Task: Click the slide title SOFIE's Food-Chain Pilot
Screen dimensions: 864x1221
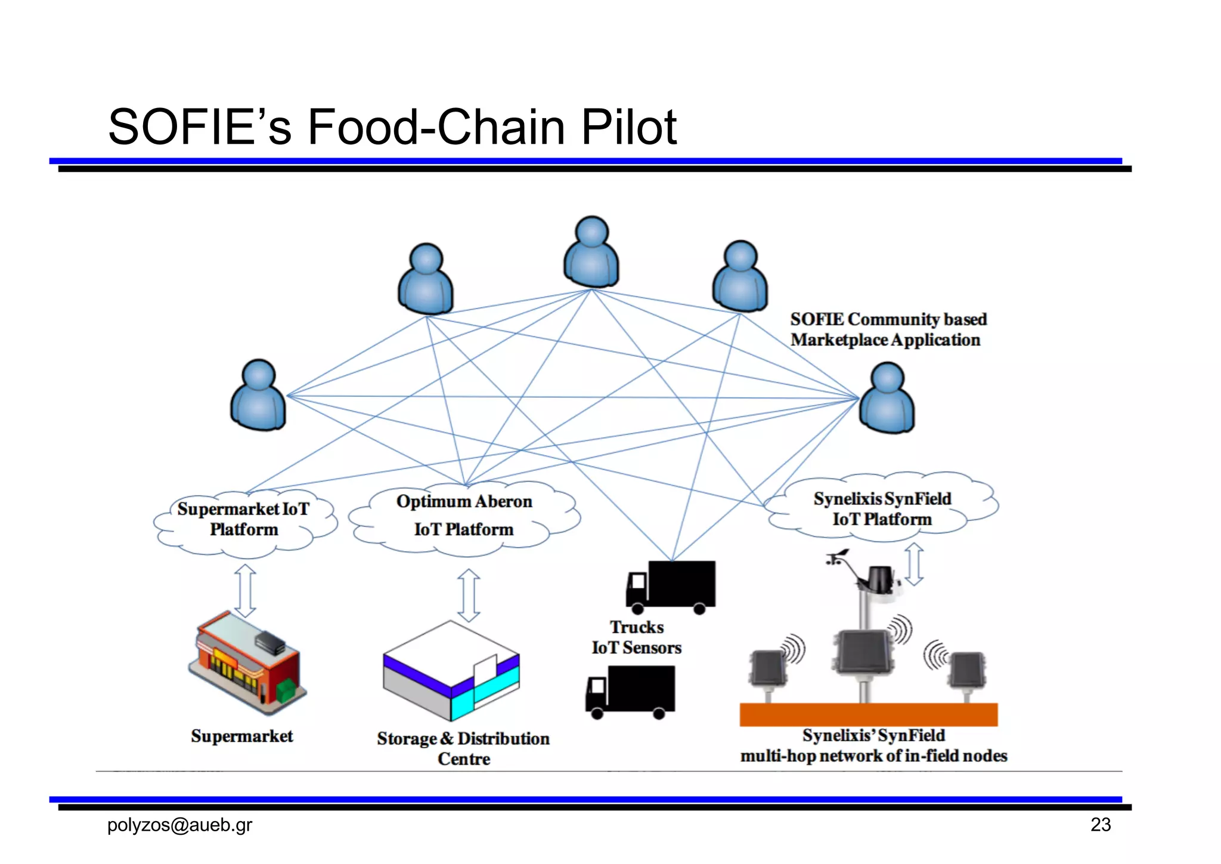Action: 392,126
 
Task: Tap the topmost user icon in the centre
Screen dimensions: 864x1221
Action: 591,253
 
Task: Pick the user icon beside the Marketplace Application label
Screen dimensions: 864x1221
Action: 887,399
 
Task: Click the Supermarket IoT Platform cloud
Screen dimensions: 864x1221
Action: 244,520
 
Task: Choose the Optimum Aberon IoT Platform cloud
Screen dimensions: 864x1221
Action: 464,517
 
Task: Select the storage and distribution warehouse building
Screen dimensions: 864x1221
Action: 451,671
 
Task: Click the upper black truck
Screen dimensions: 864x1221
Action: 671,586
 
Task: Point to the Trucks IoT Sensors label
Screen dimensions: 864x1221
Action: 636,637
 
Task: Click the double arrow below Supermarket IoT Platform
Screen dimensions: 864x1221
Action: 245,591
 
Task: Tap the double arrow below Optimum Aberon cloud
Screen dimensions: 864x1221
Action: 469,594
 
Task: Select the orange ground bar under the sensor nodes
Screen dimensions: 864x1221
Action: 868,714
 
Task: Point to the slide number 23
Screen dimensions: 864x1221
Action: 1100,825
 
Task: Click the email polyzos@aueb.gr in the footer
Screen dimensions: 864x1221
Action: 179,825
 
